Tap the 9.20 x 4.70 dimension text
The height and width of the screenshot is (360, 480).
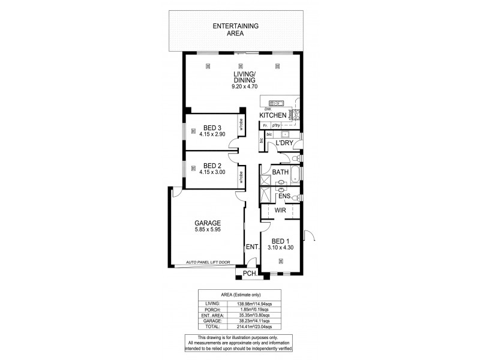click(245, 86)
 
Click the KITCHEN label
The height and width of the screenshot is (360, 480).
click(272, 115)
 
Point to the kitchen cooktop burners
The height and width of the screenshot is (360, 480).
click(297, 114)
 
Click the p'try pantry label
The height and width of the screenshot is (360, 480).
click(277, 125)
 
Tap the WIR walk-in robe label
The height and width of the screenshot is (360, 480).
click(280, 211)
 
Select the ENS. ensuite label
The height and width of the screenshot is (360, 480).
click(284, 196)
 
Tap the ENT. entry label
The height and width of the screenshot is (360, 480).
click(251, 247)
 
